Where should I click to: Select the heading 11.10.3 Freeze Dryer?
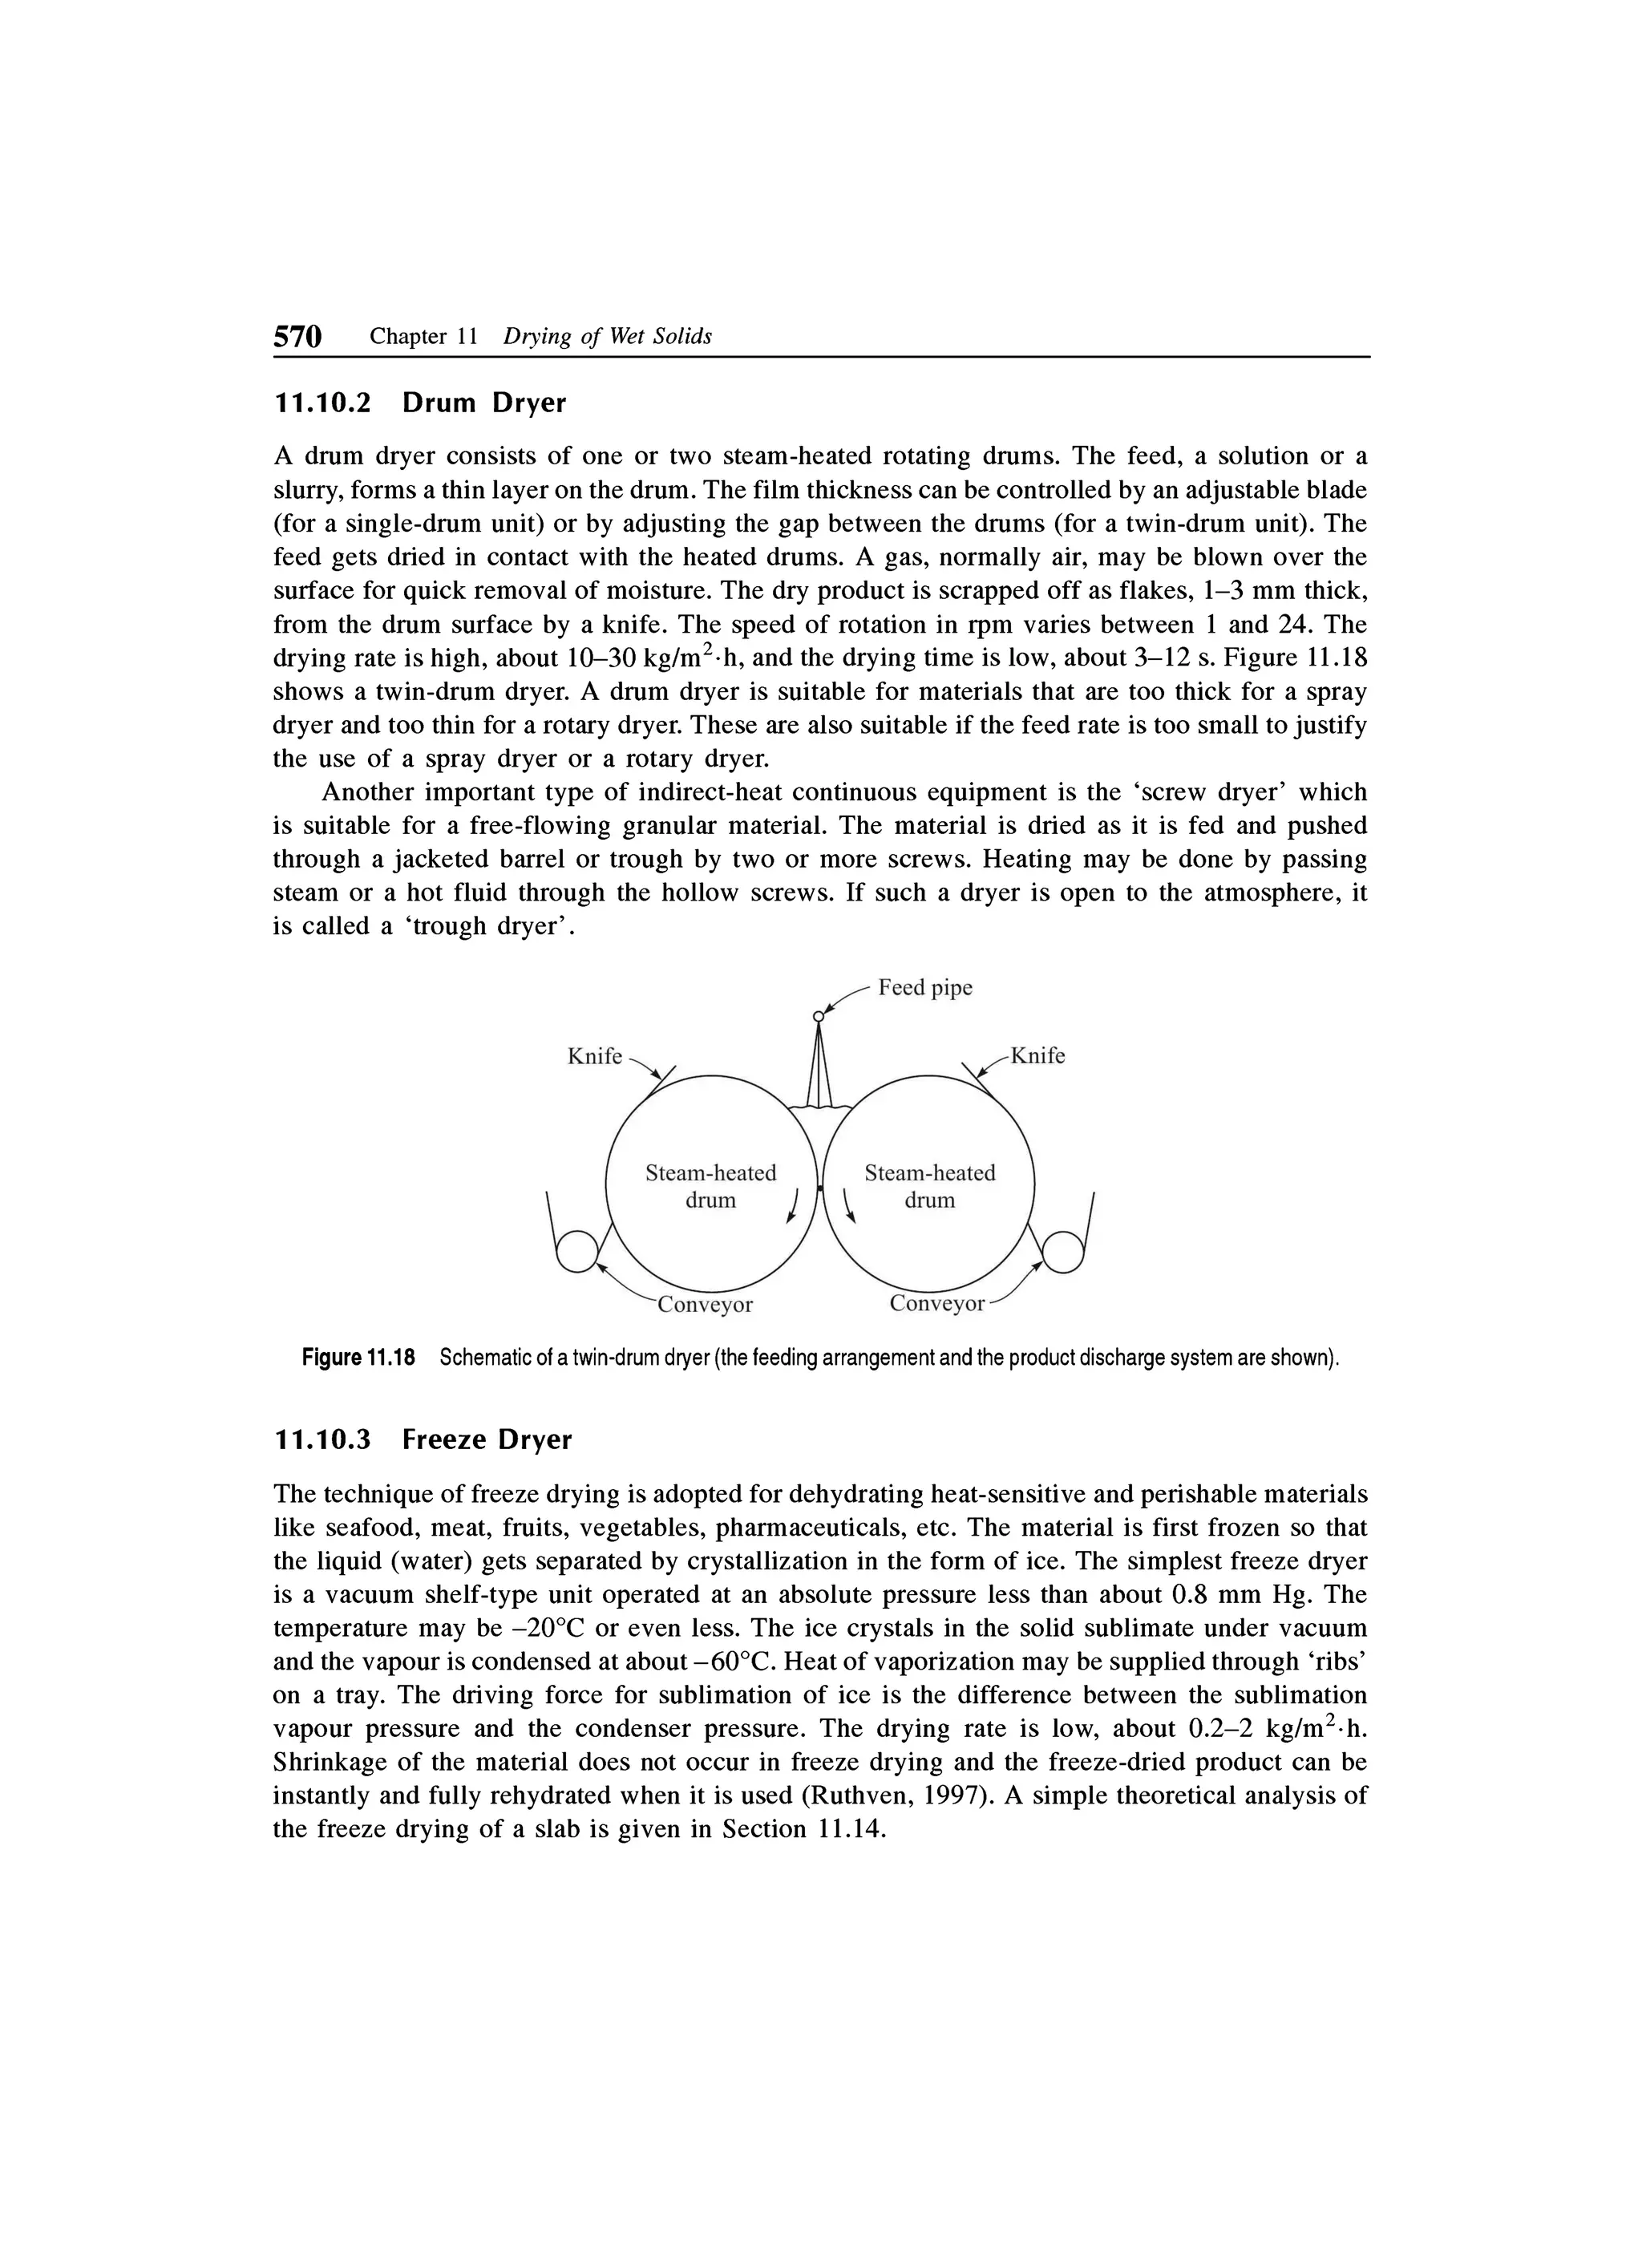423,1439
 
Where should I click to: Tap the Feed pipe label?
925,987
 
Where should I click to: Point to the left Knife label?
594,1057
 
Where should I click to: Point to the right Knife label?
1037,1057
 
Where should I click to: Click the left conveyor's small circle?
576,1252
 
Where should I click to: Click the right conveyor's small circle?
1062,1252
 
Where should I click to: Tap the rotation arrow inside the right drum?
848,1205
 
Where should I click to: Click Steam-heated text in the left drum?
710,1173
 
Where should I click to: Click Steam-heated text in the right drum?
929,1173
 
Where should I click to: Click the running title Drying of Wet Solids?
608,337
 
